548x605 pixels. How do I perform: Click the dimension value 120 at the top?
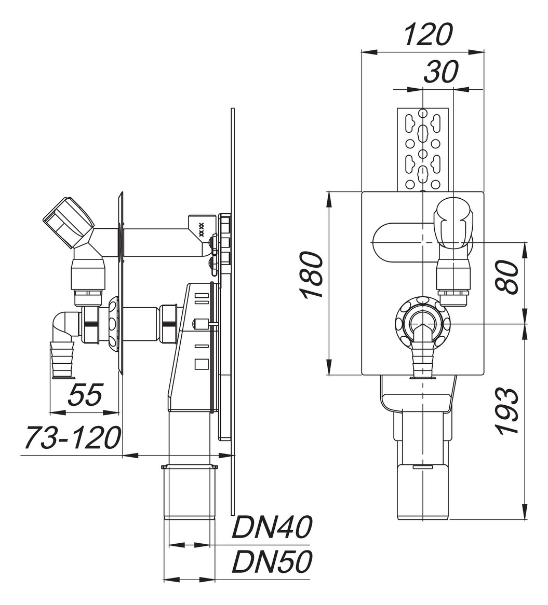tap(428, 35)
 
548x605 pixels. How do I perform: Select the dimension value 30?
tap(441, 72)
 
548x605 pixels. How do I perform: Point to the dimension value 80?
tap(507, 276)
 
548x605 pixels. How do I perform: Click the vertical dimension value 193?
tap(507, 411)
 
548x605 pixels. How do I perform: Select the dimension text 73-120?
tap(73, 438)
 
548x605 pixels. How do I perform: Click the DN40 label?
tap(272, 528)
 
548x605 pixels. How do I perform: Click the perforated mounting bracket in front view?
tap(422, 149)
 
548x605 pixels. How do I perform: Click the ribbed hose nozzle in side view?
tap(62, 358)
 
